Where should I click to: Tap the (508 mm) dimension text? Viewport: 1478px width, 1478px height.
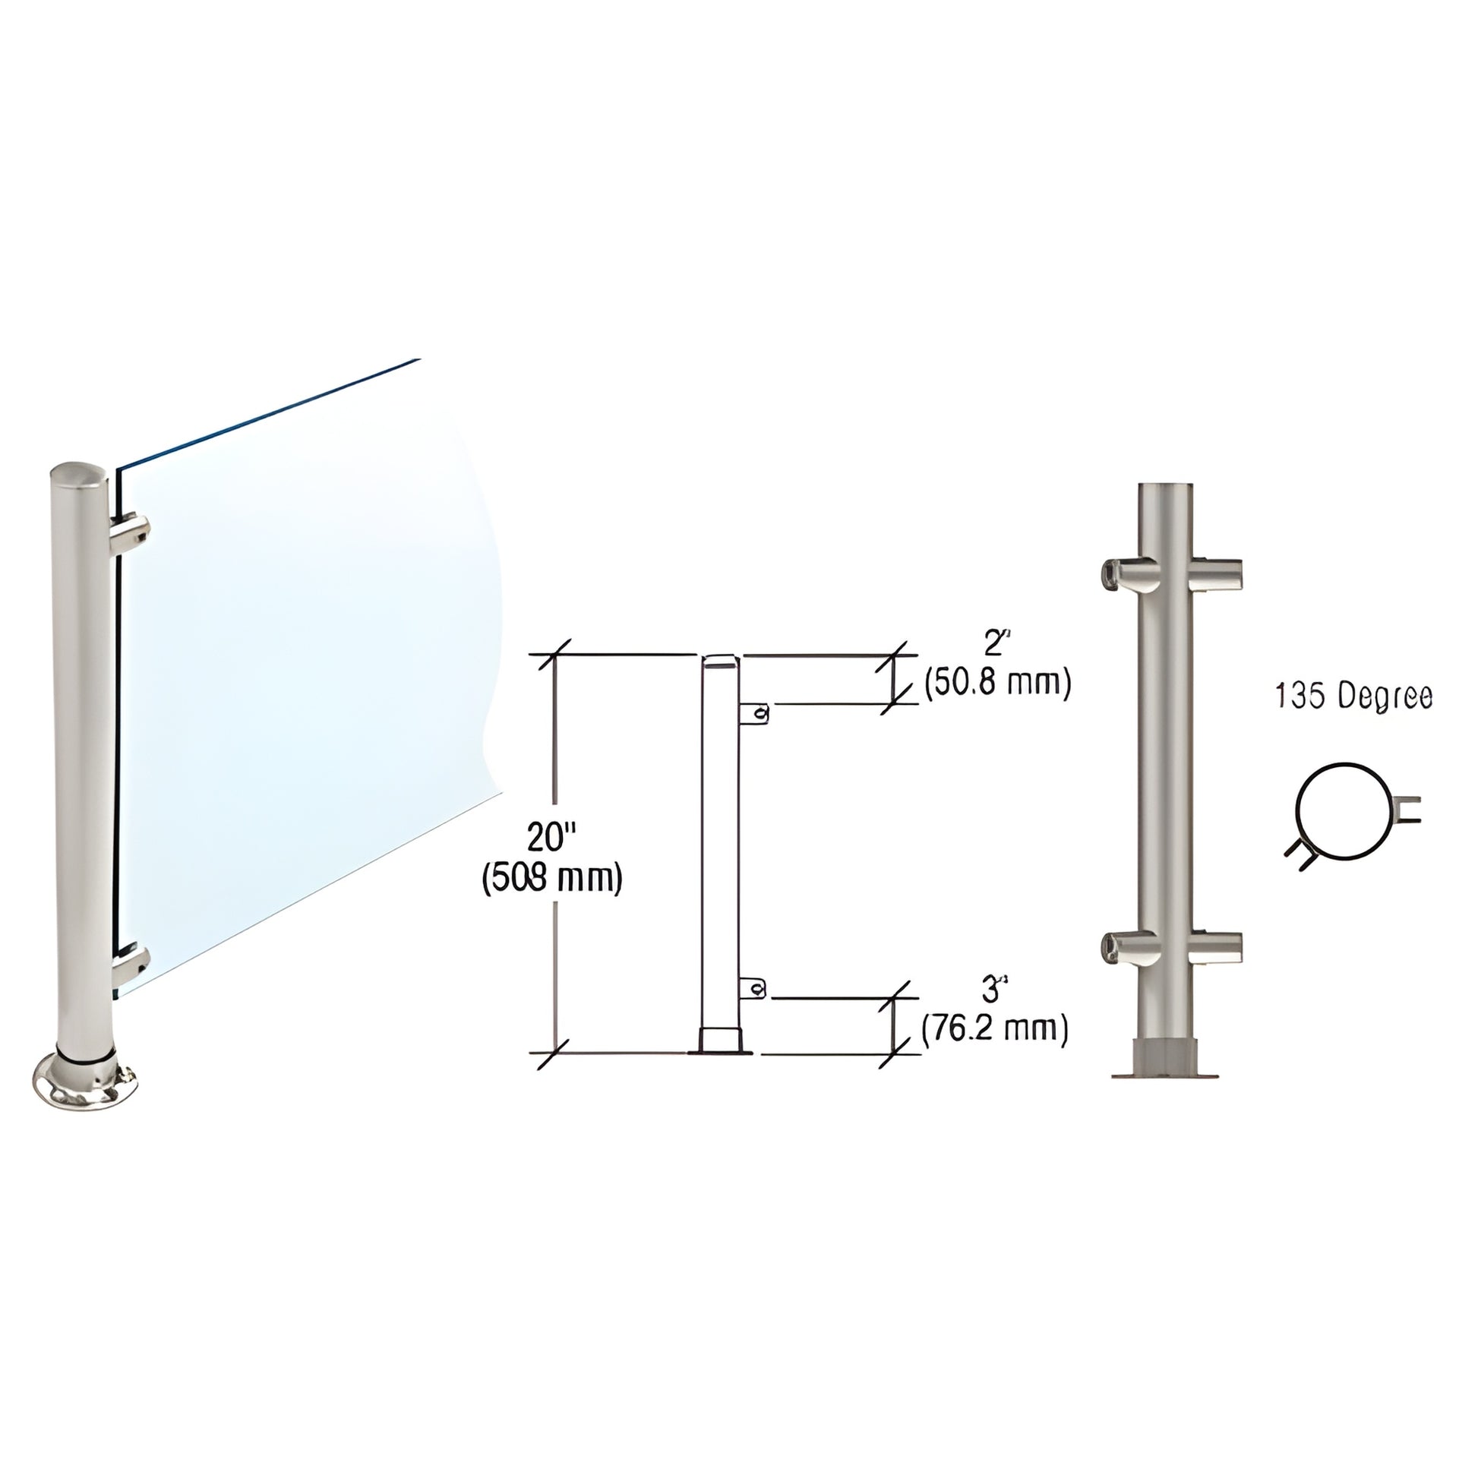(551, 879)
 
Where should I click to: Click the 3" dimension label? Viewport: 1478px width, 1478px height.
(991, 990)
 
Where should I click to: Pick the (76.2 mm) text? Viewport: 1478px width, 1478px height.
(994, 1029)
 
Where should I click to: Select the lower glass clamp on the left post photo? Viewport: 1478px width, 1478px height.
(131, 965)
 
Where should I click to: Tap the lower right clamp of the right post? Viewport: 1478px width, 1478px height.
(1217, 947)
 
